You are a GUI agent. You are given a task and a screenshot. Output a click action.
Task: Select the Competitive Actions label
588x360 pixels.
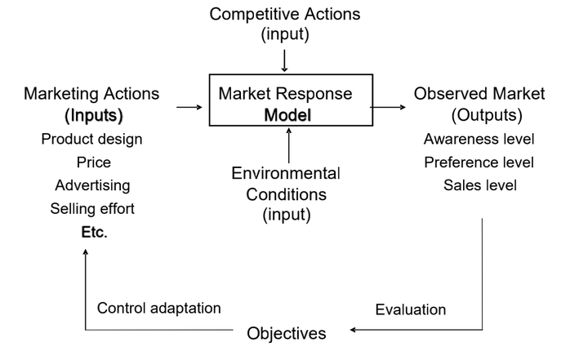[x=285, y=15]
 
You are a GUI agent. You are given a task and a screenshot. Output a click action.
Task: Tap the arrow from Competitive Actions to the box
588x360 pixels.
[x=285, y=61]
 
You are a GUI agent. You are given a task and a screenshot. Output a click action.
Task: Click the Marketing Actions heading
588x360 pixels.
[x=92, y=94]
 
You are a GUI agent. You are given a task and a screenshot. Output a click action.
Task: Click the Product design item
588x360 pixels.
[x=92, y=139]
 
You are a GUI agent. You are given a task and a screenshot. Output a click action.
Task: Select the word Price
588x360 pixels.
[x=93, y=162]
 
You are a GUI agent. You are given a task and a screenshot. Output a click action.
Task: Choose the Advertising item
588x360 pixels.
[x=92, y=185]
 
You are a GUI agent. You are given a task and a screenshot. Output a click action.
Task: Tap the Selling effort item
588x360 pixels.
[x=92, y=209]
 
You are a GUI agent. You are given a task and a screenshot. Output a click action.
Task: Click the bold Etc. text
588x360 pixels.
[x=94, y=233]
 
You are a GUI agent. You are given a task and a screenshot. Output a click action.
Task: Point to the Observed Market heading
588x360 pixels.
[x=479, y=94]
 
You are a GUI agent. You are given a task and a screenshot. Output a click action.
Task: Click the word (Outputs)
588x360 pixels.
[x=487, y=115]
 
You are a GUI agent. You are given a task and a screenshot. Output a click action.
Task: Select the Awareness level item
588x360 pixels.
[x=479, y=139]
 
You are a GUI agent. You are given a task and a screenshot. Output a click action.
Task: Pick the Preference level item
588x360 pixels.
[x=479, y=162]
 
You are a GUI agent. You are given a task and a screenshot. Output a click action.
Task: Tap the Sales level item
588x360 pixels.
[x=480, y=185]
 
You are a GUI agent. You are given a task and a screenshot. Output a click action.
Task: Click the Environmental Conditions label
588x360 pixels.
[x=285, y=194]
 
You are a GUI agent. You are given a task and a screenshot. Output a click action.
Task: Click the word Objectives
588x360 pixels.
[x=287, y=333]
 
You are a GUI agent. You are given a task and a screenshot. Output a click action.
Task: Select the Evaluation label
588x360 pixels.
[x=411, y=309]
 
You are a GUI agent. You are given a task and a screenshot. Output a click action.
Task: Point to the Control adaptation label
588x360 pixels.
[x=159, y=308]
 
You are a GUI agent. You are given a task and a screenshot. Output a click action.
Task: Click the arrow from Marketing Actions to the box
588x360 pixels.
[x=188, y=106]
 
